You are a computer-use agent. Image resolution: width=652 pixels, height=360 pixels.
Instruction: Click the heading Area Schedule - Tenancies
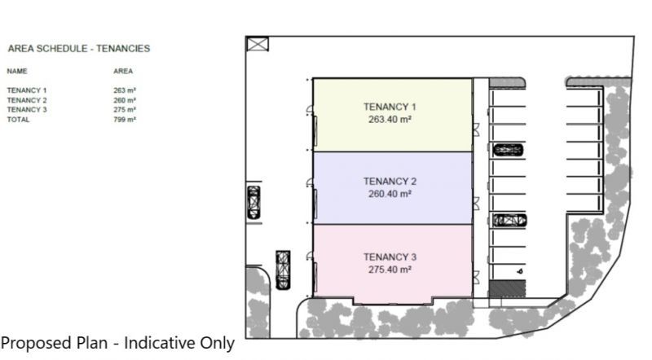(x=79, y=49)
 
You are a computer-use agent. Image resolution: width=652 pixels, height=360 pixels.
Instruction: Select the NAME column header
(x=17, y=71)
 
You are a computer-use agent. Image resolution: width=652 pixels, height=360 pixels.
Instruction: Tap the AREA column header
(x=123, y=71)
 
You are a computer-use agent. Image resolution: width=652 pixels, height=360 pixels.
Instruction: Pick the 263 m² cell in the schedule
(x=125, y=90)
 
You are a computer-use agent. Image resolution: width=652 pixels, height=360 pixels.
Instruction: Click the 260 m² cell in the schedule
(x=125, y=100)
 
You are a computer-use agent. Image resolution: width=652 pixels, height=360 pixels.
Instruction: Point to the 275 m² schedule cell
(x=125, y=110)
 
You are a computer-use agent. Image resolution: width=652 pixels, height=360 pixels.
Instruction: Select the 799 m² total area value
(x=125, y=120)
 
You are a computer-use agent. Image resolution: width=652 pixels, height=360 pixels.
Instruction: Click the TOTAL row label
(x=18, y=120)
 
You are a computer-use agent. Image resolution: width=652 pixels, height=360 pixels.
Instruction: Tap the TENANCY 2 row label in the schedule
(x=27, y=100)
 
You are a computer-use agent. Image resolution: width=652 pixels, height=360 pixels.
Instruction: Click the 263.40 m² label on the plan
(x=390, y=120)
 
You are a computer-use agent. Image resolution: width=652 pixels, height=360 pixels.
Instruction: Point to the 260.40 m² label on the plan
(x=390, y=194)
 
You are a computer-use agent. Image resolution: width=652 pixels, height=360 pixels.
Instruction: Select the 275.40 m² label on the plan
(x=390, y=270)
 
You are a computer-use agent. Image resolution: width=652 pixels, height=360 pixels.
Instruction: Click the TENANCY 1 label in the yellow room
(x=390, y=107)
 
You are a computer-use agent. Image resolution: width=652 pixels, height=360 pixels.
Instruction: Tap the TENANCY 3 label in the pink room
(x=390, y=257)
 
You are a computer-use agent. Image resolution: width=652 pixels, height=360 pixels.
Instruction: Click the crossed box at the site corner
(x=258, y=44)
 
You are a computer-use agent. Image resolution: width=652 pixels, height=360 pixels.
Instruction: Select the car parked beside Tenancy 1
(x=508, y=150)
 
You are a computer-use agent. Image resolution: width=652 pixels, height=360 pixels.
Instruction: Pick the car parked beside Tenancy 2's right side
(x=509, y=221)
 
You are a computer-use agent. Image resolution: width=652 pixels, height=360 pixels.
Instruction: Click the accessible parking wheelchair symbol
(x=520, y=271)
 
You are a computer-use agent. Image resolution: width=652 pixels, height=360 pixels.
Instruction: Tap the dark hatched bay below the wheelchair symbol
(x=507, y=288)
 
